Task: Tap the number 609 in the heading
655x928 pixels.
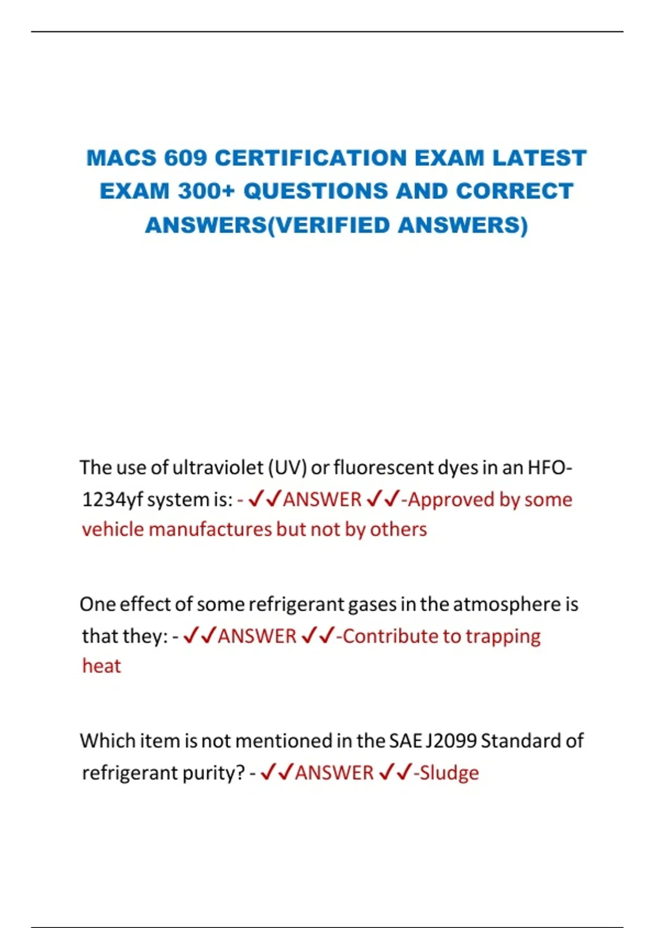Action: tap(186, 158)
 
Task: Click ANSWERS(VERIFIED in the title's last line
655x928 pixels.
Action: tap(267, 225)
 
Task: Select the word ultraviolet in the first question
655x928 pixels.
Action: tap(218, 468)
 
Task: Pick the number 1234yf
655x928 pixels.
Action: tap(112, 499)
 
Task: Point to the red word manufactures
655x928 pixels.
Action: tap(210, 530)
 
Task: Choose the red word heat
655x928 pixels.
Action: tap(102, 666)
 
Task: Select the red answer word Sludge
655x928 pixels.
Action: tap(449, 773)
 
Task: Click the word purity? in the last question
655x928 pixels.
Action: tap(213, 773)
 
